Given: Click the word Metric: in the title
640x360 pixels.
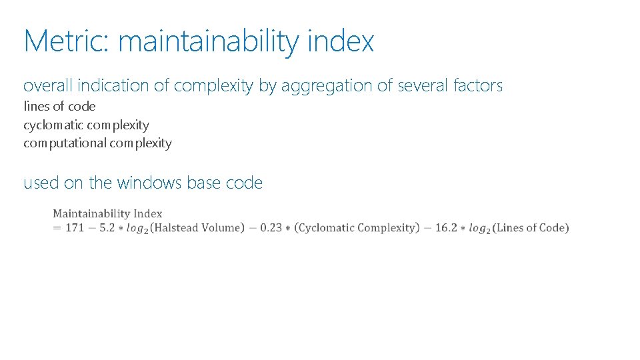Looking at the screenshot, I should (x=65, y=41).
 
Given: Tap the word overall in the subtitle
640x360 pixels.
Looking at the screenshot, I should (x=47, y=86).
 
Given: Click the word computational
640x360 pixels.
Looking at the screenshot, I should (x=65, y=143).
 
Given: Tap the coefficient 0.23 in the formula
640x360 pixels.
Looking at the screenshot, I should (x=271, y=228).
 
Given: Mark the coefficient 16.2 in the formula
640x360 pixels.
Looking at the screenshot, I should (x=446, y=228).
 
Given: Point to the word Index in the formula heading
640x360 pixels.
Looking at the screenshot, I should (x=148, y=214).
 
